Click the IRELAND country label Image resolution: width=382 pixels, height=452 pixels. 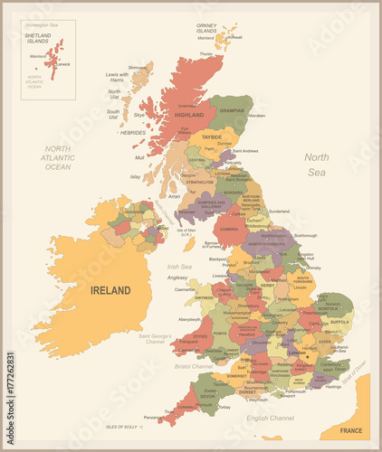110,290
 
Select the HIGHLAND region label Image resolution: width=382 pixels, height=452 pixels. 189,115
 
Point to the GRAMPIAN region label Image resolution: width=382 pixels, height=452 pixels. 231,110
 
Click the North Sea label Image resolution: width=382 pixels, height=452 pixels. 316,164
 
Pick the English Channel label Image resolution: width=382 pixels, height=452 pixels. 270,419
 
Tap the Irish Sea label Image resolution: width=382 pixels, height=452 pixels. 179,267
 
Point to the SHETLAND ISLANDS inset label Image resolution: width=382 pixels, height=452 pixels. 37,38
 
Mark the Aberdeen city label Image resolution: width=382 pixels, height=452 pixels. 256,116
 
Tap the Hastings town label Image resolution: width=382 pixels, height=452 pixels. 332,386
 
